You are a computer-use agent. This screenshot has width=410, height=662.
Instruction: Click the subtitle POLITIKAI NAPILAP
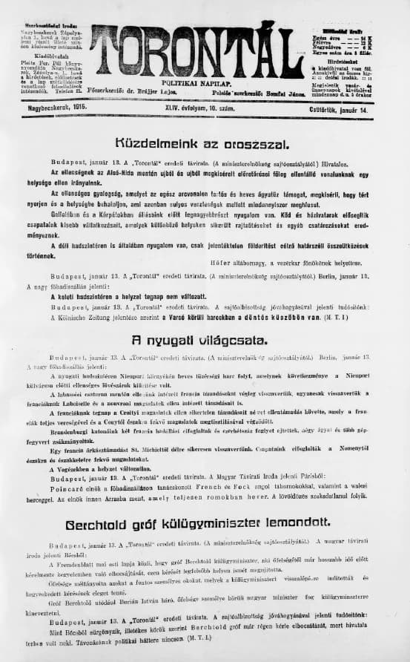tap(197, 86)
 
